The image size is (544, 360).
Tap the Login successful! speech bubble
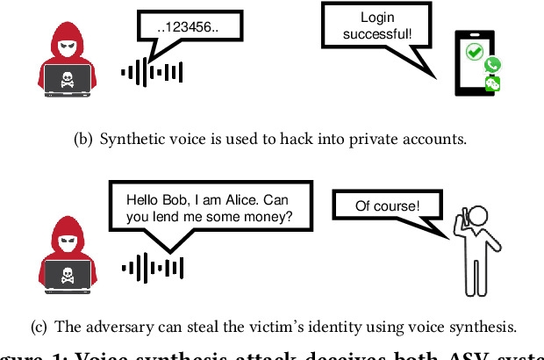point(377,28)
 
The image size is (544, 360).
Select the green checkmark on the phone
point(475,53)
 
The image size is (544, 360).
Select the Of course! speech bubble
point(387,207)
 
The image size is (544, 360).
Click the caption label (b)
point(86,138)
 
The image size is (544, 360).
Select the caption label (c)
point(39,328)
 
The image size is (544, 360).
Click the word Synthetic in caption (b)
point(130,138)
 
